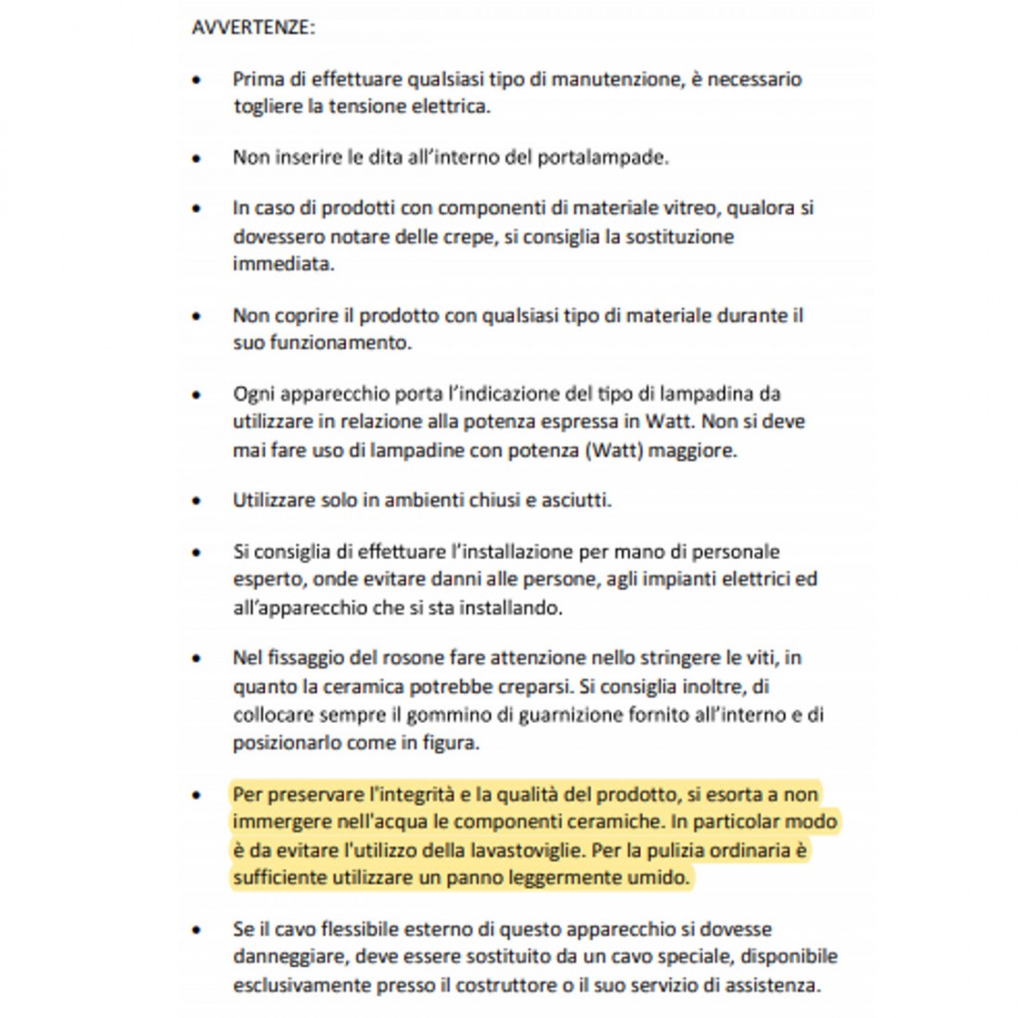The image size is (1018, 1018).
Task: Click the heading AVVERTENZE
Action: click(x=253, y=28)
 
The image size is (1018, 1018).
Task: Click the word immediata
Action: click(x=283, y=265)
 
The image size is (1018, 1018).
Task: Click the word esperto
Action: click(x=267, y=580)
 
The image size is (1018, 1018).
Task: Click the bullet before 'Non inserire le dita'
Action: click(x=196, y=158)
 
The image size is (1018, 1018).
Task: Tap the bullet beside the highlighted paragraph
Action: click(x=196, y=795)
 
